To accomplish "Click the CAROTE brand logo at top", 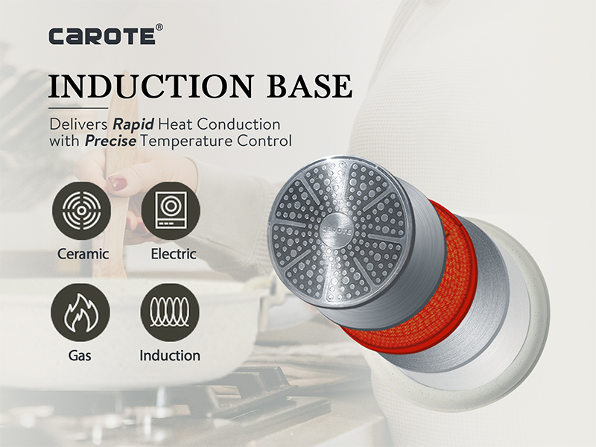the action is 102,36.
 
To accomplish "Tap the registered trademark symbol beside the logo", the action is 159,28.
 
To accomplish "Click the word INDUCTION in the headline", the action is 151,86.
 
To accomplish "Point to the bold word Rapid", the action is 133,124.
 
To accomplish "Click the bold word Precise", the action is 110,141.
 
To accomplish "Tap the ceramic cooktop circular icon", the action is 82,211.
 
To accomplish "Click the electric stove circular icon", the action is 171,211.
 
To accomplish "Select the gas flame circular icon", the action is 80,312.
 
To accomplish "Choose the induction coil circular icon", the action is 170,312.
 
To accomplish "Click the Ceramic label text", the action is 83,254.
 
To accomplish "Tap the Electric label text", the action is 174,254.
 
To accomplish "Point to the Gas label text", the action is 80,355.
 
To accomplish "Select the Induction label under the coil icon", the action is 170,355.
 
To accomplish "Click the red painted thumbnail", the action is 117,182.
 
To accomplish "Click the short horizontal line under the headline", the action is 78,108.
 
